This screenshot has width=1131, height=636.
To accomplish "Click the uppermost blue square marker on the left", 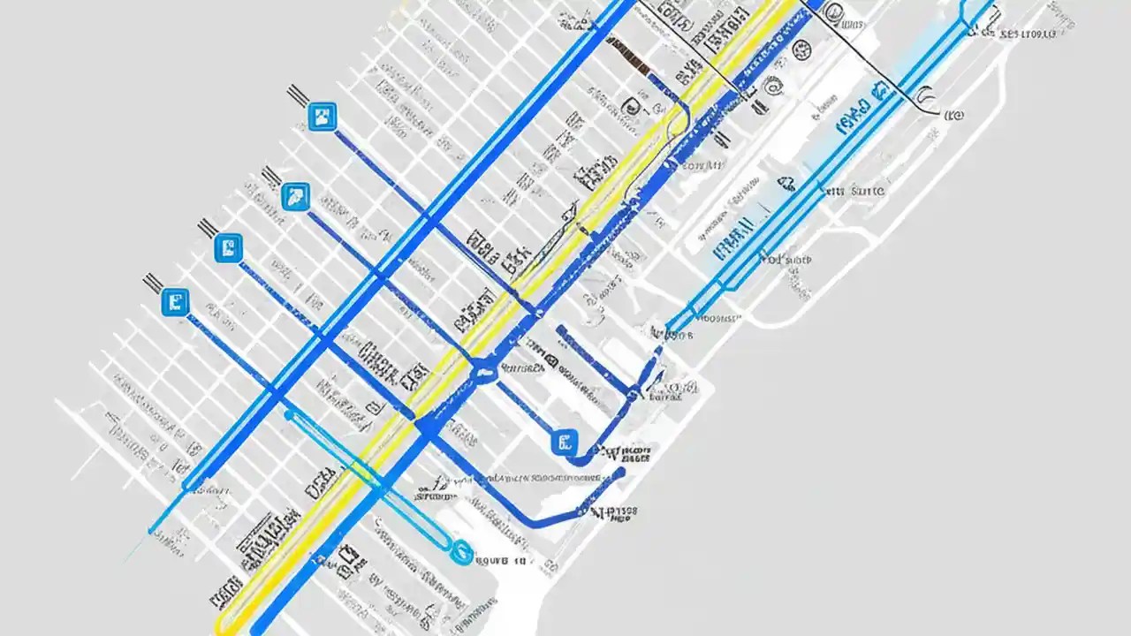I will [x=322, y=117].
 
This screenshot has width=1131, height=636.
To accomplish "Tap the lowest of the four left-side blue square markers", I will [x=176, y=302].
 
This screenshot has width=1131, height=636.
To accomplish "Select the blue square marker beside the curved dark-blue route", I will [x=563, y=442].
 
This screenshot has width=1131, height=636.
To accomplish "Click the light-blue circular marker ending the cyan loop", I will [x=461, y=552].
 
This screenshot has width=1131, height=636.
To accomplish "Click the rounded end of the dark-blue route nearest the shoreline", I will [x=621, y=472].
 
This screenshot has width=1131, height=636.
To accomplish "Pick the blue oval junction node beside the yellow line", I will [x=484, y=372].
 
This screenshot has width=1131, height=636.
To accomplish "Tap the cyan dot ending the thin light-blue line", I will [x=152, y=532].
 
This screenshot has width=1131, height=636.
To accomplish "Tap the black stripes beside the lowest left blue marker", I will [x=152, y=282].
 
